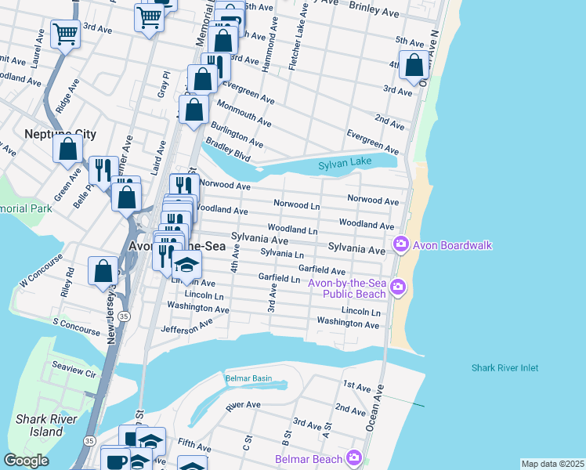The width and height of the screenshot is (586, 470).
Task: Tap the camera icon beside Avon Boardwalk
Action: coord(401,245)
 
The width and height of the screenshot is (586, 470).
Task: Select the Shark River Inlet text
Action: coord(505,367)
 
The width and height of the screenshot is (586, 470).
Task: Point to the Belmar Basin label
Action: coord(248,378)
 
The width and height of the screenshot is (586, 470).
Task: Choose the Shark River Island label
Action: coord(39,425)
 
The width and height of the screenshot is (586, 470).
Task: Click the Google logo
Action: coord(26,461)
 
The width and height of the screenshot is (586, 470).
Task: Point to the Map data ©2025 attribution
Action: coord(552,464)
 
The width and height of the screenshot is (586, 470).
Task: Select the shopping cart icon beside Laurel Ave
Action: coord(65,33)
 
